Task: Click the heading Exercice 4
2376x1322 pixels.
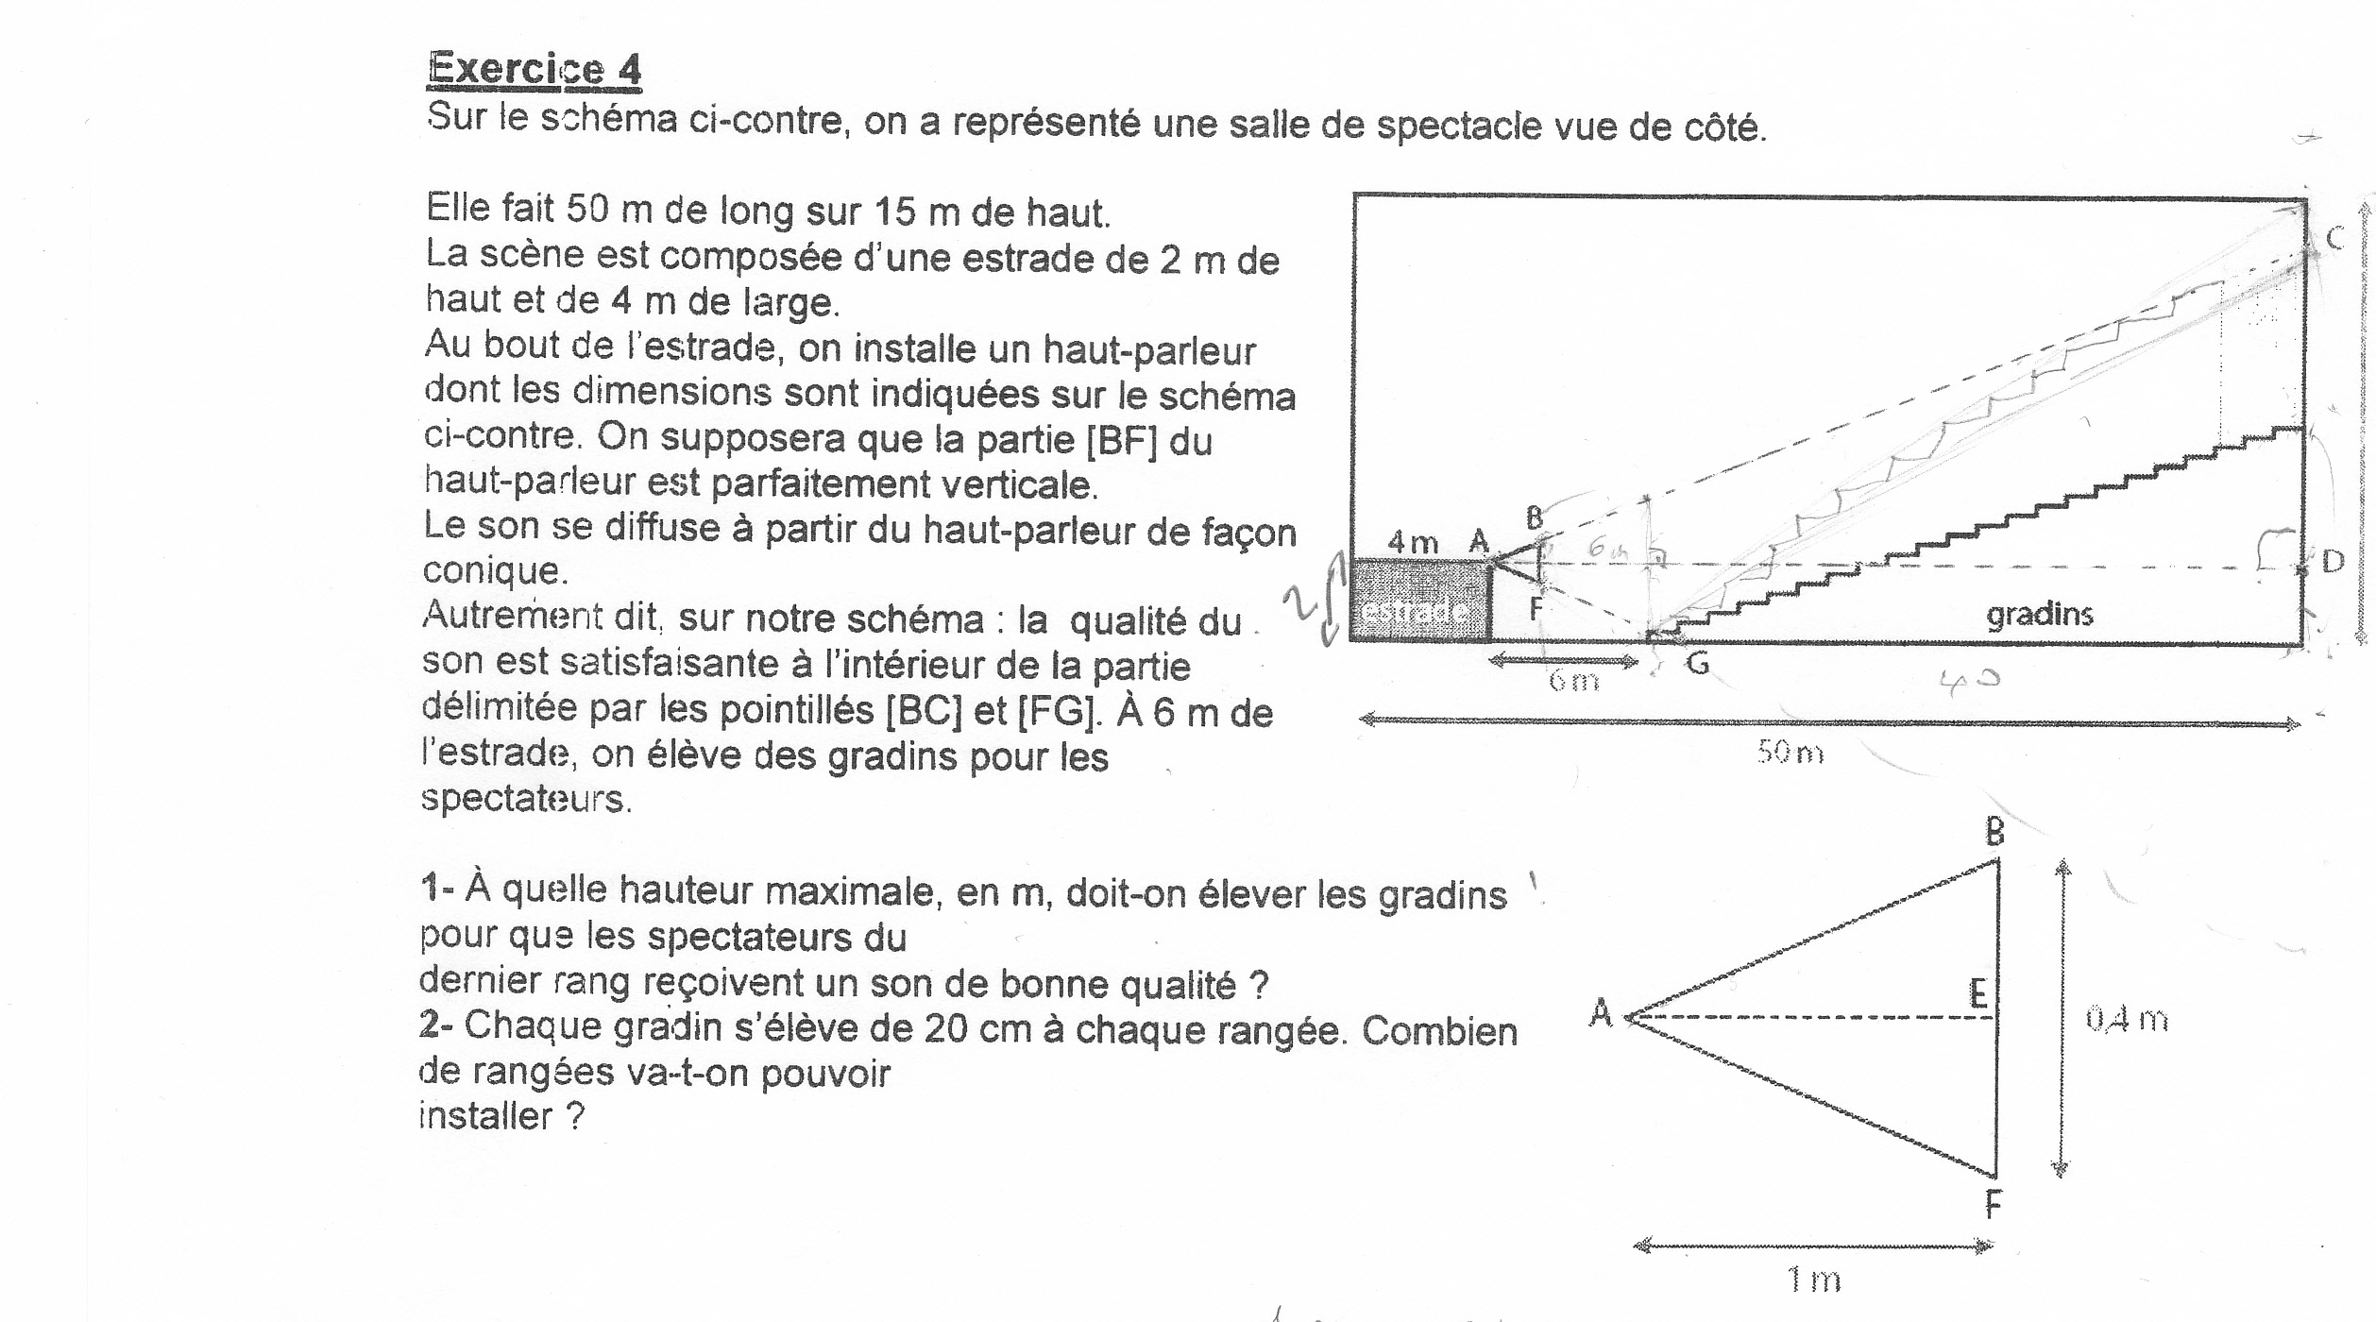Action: tap(535, 70)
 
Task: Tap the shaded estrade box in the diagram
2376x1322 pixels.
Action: tap(1419, 602)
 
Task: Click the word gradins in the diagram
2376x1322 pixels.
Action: tap(2039, 615)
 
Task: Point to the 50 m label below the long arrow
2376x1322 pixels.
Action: tap(1790, 754)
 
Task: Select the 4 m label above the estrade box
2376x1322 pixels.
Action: tap(1413, 542)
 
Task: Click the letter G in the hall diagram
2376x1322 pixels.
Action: tap(1697, 665)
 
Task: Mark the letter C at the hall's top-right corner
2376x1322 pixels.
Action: tap(2335, 239)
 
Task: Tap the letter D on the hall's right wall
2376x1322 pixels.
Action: tap(2333, 563)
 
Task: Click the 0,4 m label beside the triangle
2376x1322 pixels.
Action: tap(2126, 1019)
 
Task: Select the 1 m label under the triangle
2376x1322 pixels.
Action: tap(1813, 1280)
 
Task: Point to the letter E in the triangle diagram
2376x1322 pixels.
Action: tap(1977, 993)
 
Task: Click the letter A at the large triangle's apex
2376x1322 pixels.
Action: tap(1601, 1013)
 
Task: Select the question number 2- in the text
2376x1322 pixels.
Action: tap(436, 1025)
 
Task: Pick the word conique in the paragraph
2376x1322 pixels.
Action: tap(491, 571)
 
